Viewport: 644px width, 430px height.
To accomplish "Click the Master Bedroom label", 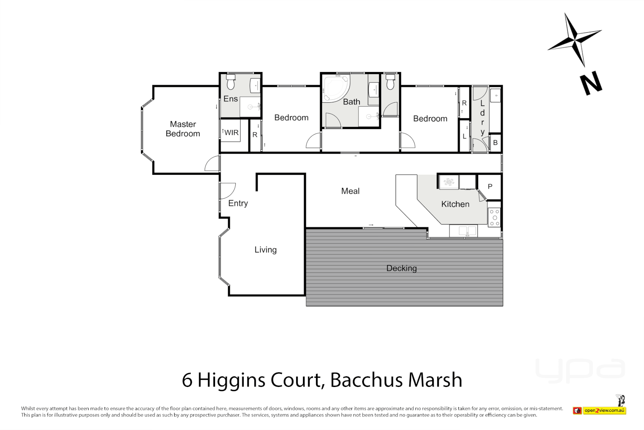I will (x=183, y=129).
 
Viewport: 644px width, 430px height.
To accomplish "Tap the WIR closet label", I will (x=231, y=133).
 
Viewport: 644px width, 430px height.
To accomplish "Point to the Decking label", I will (x=402, y=268).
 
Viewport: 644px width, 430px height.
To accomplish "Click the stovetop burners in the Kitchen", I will (x=494, y=218).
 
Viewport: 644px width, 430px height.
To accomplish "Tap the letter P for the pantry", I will (x=490, y=186).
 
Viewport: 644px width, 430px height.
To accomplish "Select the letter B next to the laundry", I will (x=495, y=143).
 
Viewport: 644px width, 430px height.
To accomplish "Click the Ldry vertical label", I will (x=482, y=117).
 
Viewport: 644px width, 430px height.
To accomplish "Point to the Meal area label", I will (x=350, y=191).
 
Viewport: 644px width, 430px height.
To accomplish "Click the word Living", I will (x=266, y=250).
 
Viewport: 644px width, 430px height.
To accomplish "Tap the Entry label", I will (x=238, y=203).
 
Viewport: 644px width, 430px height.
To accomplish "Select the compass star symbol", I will (x=575, y=39).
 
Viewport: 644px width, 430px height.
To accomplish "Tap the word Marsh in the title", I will (x=435, y=380).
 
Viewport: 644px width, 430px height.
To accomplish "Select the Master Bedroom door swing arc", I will (x=213, y=164).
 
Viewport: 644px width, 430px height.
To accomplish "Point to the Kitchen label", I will (x=455, y=204).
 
